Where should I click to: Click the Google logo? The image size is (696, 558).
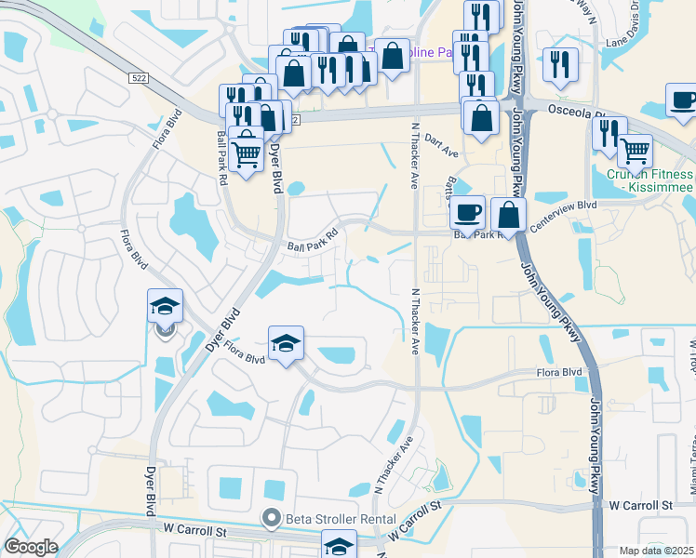30,547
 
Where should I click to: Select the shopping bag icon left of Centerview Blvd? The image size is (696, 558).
508,214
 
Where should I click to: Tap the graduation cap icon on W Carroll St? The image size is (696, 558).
339,546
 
